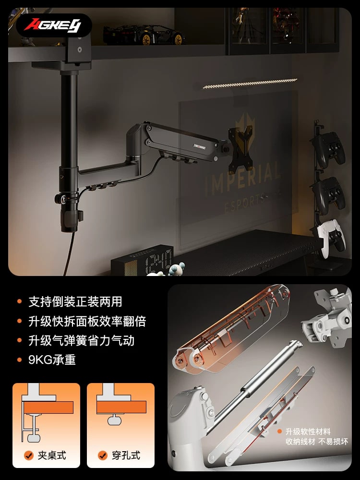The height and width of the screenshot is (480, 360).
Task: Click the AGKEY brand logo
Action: click(x=53, y=25)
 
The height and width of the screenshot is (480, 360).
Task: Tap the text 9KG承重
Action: click(x=52, y=360)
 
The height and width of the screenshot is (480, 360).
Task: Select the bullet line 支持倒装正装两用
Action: click(x=75, y=301)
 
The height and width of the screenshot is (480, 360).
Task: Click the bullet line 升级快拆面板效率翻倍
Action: click(x=87, y=321)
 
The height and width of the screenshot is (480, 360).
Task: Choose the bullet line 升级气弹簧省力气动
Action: click(x=82, y=340)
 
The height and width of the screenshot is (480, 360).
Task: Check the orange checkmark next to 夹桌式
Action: click(x=28, y=455)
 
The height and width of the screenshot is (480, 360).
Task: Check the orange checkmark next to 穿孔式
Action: click(x=103, y=455)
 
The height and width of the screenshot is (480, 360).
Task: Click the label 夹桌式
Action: click(x=52, y=455)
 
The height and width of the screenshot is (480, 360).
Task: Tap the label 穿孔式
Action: click(x=126, y=455)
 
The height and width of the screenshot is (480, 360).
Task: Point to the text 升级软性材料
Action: click(x=308, y=432)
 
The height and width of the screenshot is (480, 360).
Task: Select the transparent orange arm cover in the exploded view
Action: click(x=231, y=329)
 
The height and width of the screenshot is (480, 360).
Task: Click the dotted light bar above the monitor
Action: click(x=250, y=84)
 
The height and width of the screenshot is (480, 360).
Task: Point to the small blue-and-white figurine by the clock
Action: click(x=177, y=268)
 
